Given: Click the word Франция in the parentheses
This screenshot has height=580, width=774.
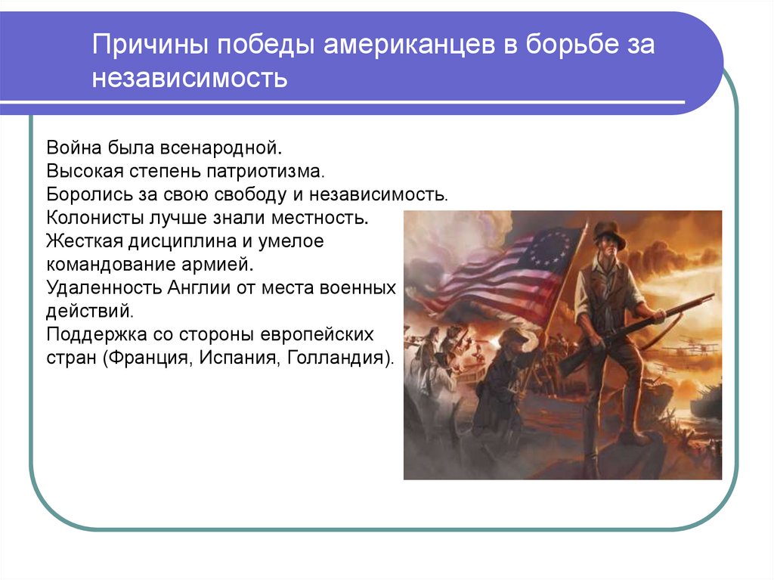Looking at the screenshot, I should (154, 357).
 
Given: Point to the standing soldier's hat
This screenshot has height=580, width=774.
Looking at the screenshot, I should (608, 234).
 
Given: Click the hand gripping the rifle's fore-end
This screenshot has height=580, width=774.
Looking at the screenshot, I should (653, 312).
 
